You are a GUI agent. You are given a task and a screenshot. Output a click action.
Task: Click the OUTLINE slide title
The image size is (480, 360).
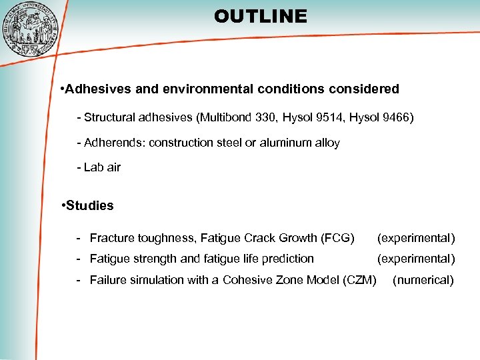coord(261,16)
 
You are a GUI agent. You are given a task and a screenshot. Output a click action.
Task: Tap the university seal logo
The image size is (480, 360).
coord(31,27)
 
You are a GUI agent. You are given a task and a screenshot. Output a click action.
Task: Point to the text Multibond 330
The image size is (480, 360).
coord(234,118)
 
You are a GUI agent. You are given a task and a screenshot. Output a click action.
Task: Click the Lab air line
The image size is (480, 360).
coord(100,167)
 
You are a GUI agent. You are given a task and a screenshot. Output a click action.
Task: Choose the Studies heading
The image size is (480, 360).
coord(89,205)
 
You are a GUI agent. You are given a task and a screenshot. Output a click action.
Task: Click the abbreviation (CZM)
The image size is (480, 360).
coord(361,280)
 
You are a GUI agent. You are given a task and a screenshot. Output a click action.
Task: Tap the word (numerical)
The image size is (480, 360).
coord(423,280)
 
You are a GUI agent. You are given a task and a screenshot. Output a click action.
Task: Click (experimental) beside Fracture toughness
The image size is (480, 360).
coord(416,238)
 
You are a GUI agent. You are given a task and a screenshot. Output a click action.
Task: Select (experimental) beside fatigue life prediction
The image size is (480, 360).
coord(416,259)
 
